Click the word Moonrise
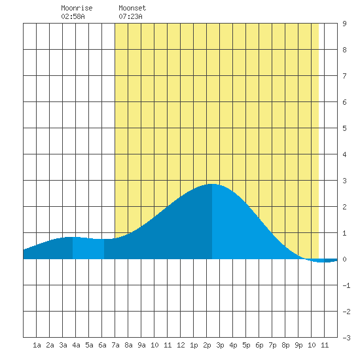point(77,8)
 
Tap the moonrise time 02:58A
point(73,16)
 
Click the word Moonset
point(132,8)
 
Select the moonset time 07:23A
point(130,16)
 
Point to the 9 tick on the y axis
point(344,24)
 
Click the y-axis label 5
point(344,128)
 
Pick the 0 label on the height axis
point(344,259)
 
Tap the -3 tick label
point(346,338)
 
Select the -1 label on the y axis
point(346,285)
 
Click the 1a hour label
point(37,345)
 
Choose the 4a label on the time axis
point(76,345)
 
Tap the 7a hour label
point(115,345)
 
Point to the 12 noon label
point(181,345)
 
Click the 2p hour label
point(207,345)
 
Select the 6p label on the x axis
point(259,345)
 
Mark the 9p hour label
point(298,345)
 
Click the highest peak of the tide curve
point(212,184)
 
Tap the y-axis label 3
point(344,181)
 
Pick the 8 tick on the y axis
point(344,50)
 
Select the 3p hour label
point(220,345)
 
